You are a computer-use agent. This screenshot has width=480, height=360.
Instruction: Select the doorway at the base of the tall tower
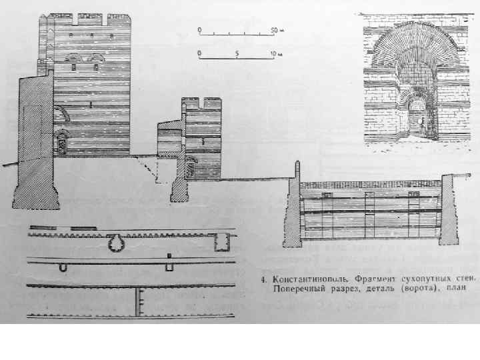pyautogui.click(x=63, y=143)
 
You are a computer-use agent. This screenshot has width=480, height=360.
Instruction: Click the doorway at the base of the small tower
pyautogui.click(x=191, y=165)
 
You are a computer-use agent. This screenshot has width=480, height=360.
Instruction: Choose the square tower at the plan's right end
pyautogui.click(x=221, y=243)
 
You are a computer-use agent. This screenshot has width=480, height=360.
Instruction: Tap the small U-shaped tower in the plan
pyautogui.click(x=63, y=267)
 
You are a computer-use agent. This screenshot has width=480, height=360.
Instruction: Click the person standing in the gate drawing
pyautogui.click(x=421, y=121)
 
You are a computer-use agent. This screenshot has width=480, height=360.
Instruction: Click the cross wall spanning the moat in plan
pyautogui.click(x=139, y=302)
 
